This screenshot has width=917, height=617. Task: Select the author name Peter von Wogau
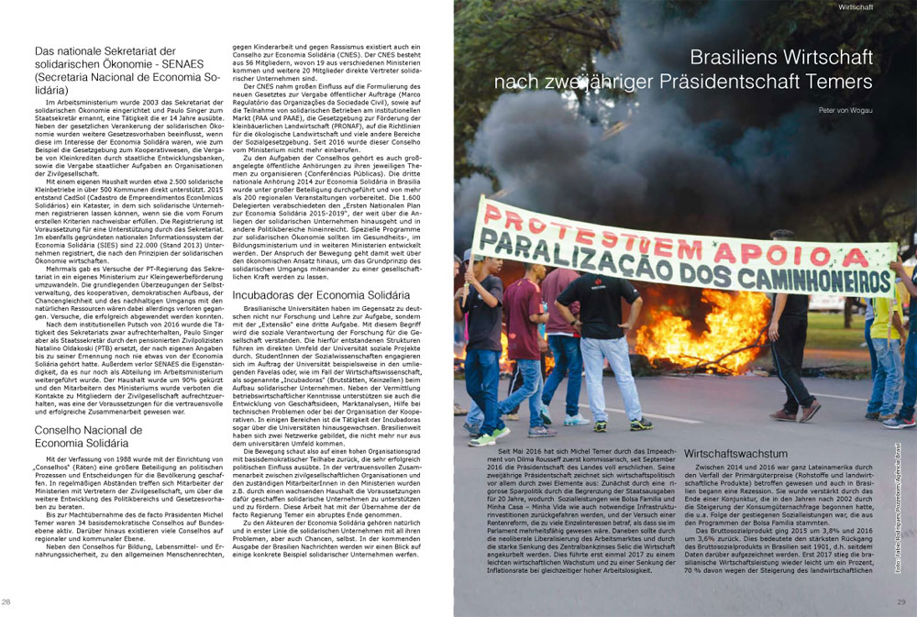click(x=845, y=110)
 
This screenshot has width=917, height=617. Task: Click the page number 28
click(x=7, y=601)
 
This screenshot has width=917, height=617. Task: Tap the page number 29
click(x=900, y=601)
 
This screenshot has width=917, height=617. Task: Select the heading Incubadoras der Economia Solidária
click(x=320, y=295)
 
